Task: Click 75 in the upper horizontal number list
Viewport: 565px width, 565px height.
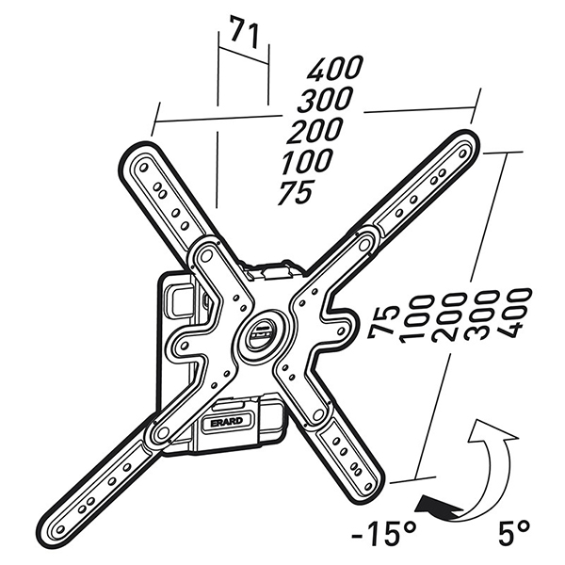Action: point(296,193)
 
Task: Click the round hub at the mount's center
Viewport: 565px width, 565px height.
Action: point(260,330)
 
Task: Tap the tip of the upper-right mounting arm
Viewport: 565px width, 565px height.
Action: point(464,144)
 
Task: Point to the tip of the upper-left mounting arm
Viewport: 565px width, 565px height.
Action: point(139,157)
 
